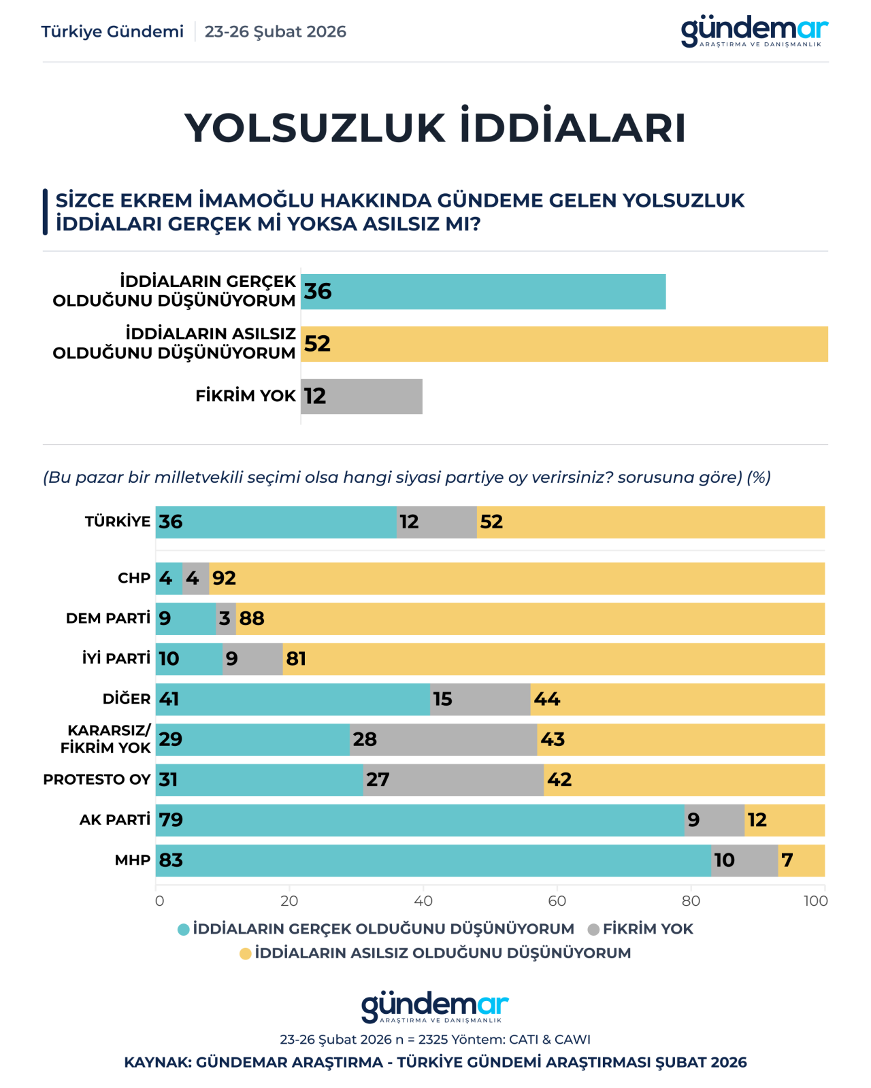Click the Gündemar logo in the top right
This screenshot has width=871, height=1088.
(754, 31)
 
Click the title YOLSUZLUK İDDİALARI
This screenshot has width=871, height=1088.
(435, 128)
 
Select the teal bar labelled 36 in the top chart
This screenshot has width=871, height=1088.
(483, 292)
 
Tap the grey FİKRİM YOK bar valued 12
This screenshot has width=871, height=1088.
(361, 396)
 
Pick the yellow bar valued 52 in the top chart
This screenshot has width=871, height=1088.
(564, 344)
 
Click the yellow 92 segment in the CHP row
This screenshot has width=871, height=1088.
(517, 579)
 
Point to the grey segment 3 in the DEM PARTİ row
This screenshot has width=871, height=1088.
(226, 619)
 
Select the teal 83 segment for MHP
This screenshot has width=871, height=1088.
(433, 861)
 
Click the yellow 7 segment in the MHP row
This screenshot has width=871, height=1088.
(802, 861)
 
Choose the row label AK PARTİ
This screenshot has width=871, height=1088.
(114, 820)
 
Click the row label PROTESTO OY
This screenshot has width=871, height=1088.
(97, 780)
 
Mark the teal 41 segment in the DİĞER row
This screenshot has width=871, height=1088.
(293, 700)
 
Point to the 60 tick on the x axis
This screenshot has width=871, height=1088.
(557, 901)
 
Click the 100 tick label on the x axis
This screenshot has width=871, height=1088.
(815, 901)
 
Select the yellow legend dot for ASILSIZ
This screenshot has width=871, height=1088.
(246, 954)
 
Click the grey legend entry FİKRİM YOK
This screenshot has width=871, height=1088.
(640, 930)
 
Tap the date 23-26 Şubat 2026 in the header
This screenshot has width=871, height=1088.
(275, 32)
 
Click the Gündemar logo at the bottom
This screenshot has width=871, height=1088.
(435, 1007)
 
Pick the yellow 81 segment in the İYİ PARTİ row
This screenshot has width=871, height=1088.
(553, 659)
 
